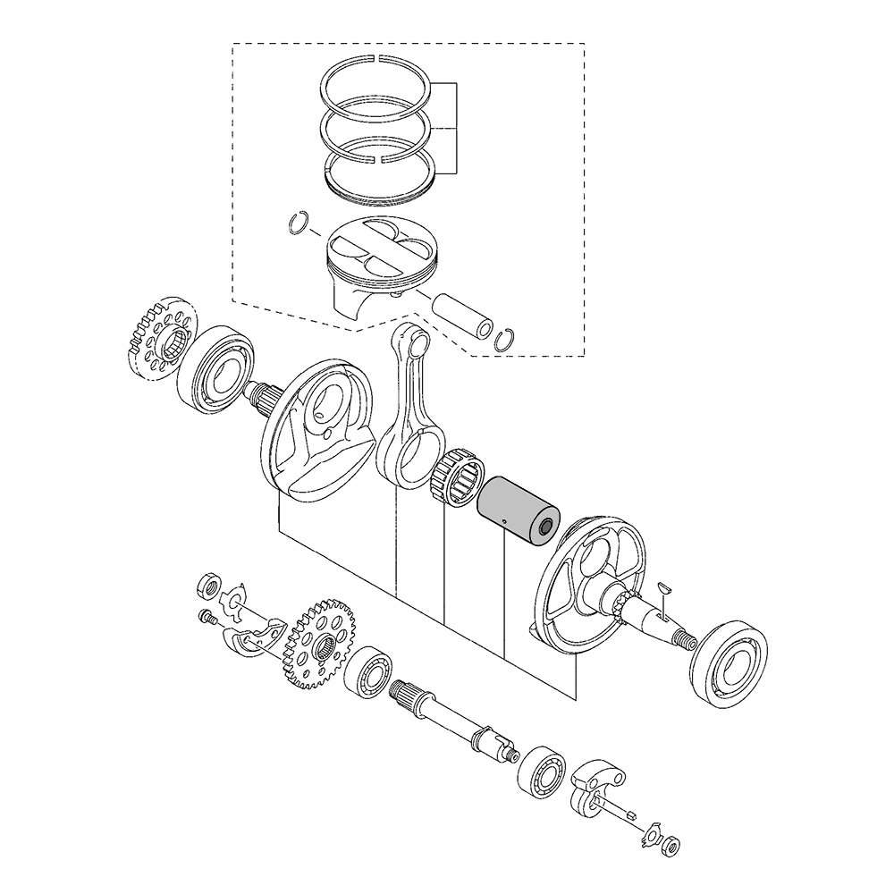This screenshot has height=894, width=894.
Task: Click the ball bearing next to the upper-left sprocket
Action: (215, 368)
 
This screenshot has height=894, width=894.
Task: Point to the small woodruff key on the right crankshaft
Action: (662, 586)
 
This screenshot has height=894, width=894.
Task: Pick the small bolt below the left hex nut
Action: (205, 616)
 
